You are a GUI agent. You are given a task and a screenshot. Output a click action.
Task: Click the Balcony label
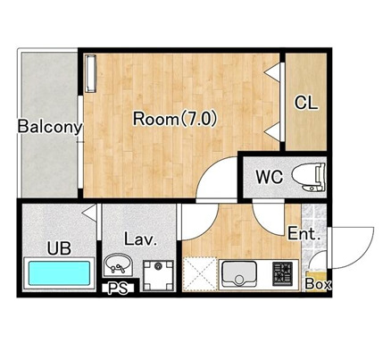pos(50,127)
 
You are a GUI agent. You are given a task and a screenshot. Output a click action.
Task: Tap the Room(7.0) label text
pos(175,119)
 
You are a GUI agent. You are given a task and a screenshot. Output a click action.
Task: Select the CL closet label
pos(306,103)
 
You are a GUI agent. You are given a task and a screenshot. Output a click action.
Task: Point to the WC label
pos(270,177)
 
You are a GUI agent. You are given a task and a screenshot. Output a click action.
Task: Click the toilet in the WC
pos(309,177)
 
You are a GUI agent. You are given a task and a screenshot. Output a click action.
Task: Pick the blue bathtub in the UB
pos(59,273)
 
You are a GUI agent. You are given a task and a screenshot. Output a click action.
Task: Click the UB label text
pos(60,248)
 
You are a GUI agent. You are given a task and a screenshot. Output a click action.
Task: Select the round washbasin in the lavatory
pos(118,264)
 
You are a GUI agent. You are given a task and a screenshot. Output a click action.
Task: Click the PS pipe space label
pos(118,289)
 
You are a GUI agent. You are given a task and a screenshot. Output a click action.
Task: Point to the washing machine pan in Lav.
pos(158,275)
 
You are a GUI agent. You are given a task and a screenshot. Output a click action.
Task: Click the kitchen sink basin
pos(239,273)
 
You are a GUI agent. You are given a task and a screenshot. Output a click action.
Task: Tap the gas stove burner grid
pos(282,273)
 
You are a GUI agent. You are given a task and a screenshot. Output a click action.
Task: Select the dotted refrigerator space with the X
pos(200,273)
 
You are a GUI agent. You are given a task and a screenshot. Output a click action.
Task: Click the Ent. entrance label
pos(304,234)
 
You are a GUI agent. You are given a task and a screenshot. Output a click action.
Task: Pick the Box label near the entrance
pos(318,284)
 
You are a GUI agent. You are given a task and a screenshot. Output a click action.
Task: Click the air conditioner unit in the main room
pos(91,73)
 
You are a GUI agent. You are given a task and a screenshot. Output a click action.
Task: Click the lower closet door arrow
pos(273,131)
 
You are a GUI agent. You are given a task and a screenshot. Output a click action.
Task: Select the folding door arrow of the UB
pos(89,213)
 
